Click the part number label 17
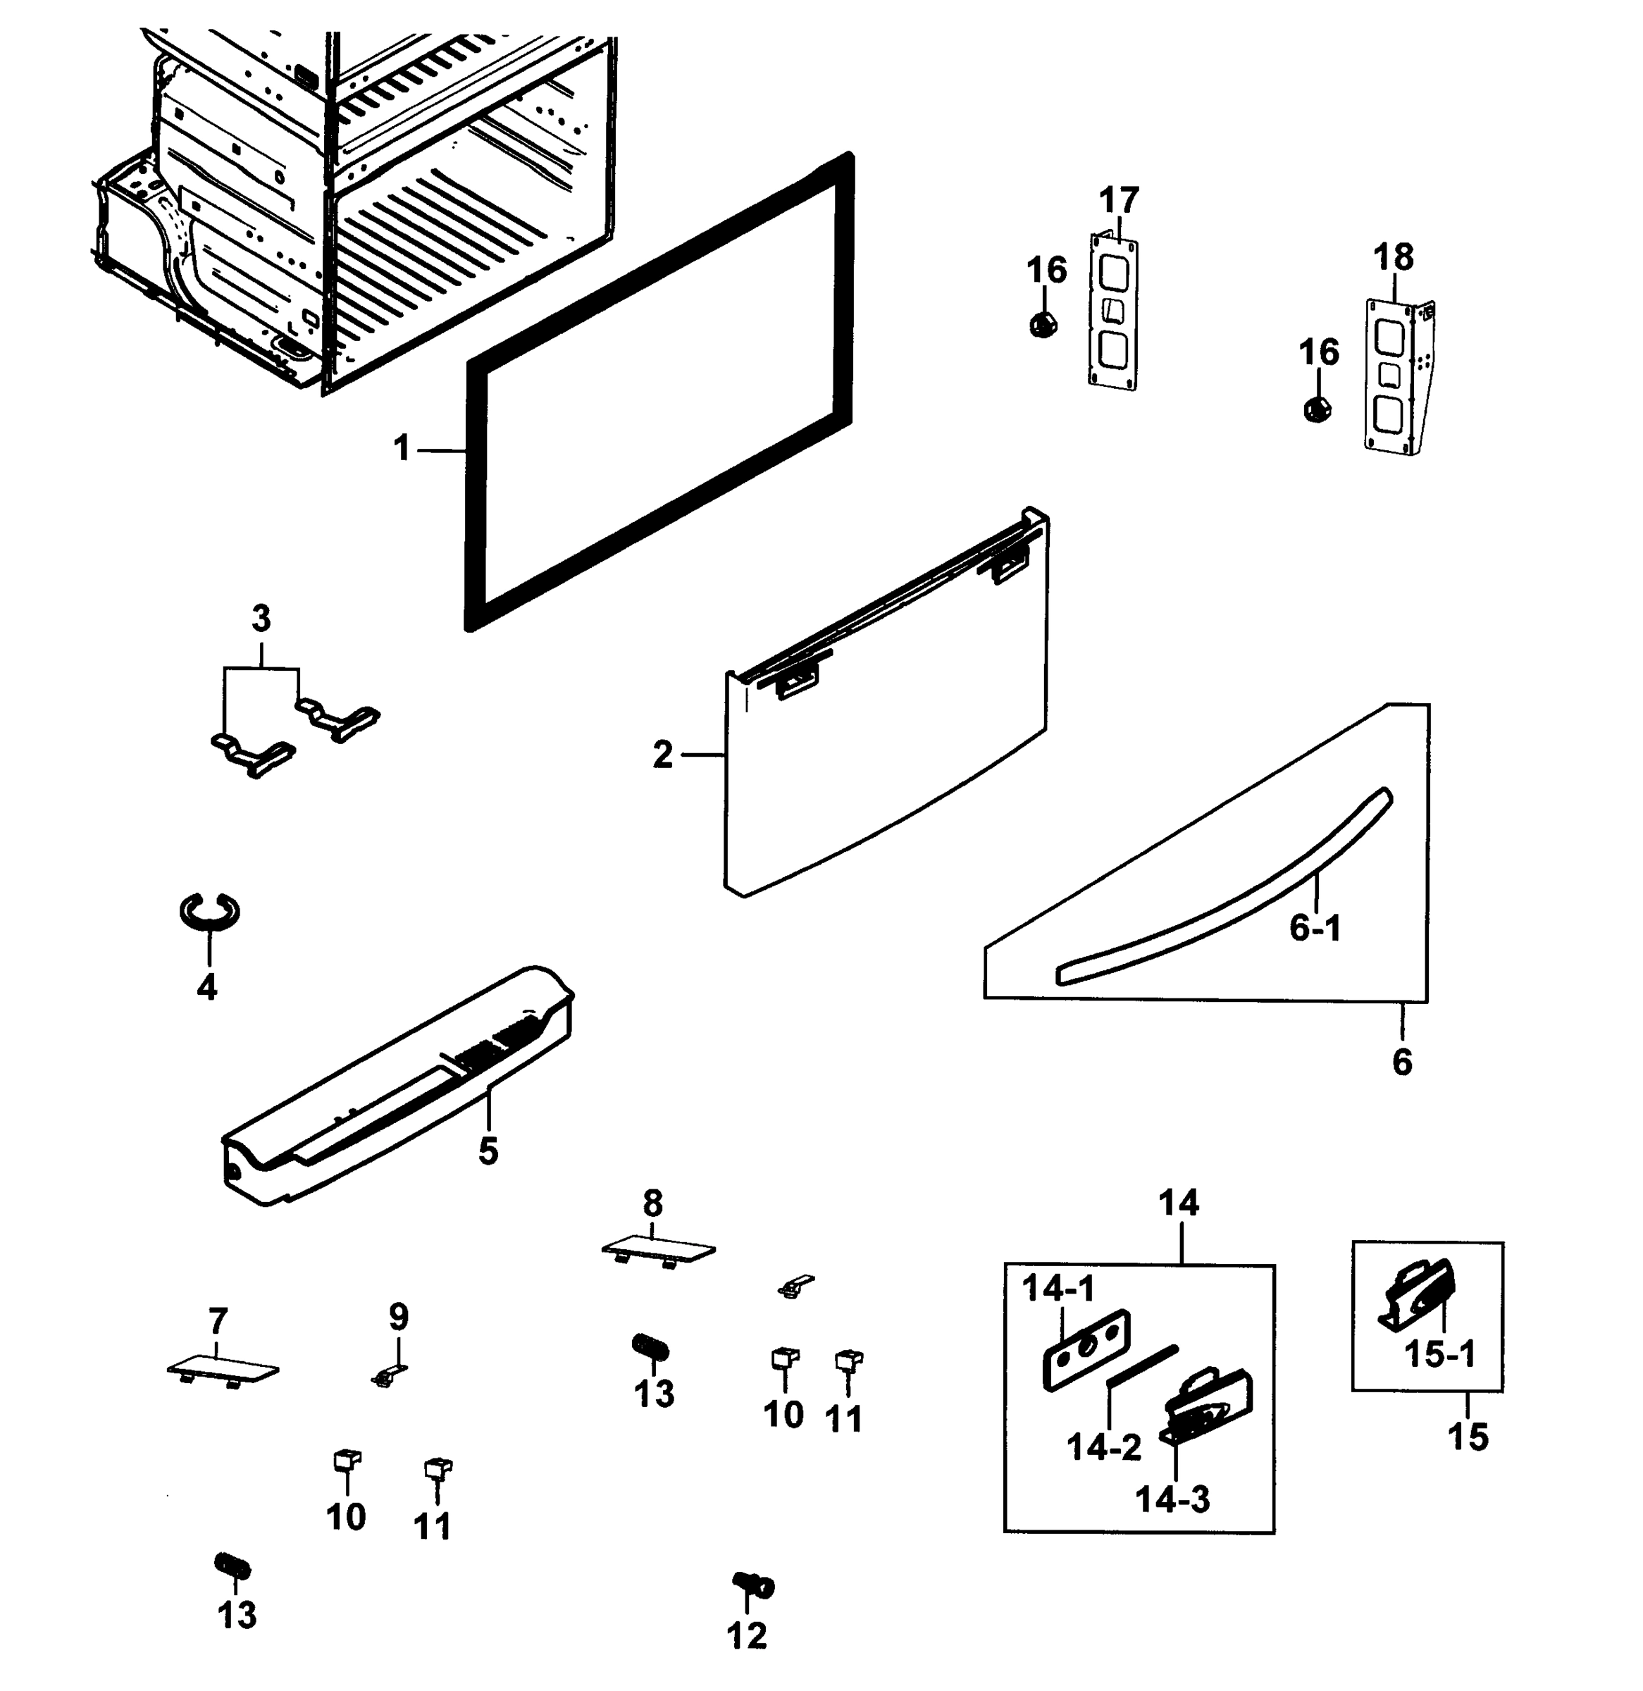(x=1118, y=200)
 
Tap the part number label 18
(x=1393, y=257)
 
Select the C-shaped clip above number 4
(x=210, y=911)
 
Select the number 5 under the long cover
(x=488, y=1150)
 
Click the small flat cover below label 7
(x=223, y=1369)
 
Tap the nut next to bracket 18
(x=1317, y=408)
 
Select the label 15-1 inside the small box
(x=1440, y=1354)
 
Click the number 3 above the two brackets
(x=261, y=619)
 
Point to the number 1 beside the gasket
(x=402, y=449)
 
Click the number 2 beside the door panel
(x=662, y=755)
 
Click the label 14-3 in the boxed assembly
(x=1172, y=1500)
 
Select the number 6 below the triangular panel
(x=1401, y=1062)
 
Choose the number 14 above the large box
(x=1179, y=1202)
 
